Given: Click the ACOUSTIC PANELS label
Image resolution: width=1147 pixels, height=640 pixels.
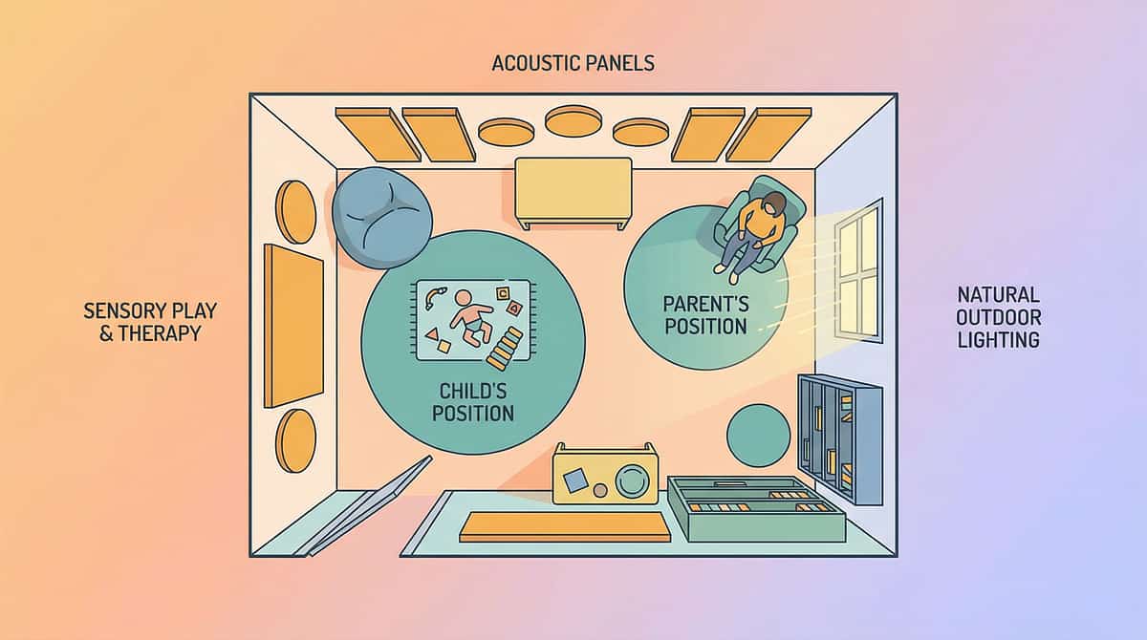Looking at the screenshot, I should (x=573, y=64).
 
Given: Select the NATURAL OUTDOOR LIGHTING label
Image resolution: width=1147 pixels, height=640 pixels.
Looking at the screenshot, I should (x=999, y=316).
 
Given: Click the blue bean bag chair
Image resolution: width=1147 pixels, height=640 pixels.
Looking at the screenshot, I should (x=380, y=218).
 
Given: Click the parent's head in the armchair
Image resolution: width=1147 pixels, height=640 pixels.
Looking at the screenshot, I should (x=773, y=203).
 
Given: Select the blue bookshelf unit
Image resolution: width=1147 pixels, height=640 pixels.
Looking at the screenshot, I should (x=839, y=437).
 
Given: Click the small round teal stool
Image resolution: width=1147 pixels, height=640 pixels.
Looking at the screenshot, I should (x=758, y=436).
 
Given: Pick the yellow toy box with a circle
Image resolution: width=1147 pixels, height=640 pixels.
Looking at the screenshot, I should (x=605, y=474).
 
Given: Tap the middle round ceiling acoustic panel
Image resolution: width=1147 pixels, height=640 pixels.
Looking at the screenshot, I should (x=573, y=120).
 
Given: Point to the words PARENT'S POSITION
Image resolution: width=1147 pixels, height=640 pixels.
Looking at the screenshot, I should (x=705, y=315).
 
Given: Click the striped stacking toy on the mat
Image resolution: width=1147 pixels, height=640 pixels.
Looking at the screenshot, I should (x=505, y=348).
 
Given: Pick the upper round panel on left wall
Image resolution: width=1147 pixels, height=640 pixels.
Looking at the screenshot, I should (x=295, y=212).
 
